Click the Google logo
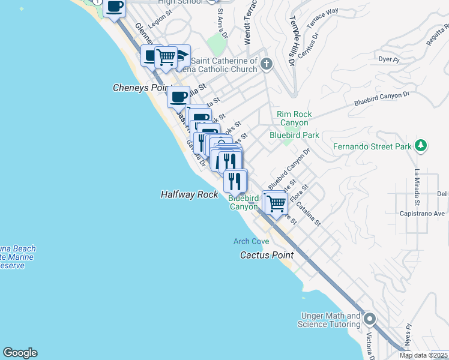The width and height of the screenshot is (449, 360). [x=20, y=353]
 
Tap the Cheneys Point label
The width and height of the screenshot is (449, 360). [x=139, y=88]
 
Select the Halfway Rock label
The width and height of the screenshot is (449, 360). [x=189, y=194]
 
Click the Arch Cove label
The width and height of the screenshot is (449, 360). [x=251, y=241]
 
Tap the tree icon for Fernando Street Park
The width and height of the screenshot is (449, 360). [x=421, y=146]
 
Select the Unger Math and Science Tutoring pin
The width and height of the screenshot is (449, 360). [x=370, y=319]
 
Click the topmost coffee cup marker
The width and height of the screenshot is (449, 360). [x=114, y=7]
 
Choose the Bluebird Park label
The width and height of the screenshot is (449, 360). [x=294, y=135]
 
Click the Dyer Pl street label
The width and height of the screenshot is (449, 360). [x=388, y=59]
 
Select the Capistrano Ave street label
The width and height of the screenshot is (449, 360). [x=422, y=213]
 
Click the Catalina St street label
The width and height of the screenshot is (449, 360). [x=309, y=214]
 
